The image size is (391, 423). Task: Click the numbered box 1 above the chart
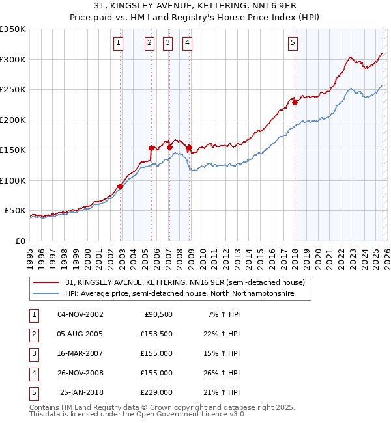[x=119, y=43]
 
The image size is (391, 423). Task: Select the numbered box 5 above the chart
[x=293, y=43]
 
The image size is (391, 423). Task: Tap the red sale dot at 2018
[x=295, y=102]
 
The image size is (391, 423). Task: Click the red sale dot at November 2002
[x=120, y=186]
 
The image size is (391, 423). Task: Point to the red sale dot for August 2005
[x=151, y=148]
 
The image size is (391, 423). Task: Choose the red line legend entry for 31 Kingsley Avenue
[x=185, y=282]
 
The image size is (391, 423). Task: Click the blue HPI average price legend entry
[x=179, y=294]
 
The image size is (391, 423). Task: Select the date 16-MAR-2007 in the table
[x=80, y=353]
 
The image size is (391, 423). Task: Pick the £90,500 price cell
[x=158, y=314]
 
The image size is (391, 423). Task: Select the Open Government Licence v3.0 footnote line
[x=138, y=414]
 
